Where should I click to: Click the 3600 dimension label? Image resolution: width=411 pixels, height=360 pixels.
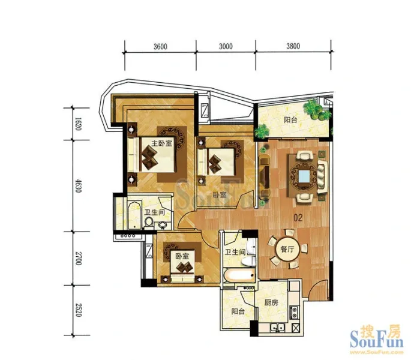pos(160,47)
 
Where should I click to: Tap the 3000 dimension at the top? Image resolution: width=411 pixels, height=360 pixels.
pos(226,46)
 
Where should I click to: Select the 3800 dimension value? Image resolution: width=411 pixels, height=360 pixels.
pos(293,46)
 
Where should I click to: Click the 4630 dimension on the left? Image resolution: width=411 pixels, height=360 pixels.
pos(78,185)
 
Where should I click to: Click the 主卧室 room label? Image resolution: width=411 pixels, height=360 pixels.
pos(162,143)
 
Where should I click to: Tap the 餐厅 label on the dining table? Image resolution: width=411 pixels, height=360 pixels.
pos(287,249)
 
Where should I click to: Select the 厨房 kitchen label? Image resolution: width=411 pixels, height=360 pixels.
pos(271,303)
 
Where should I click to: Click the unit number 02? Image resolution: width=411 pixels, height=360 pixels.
pos(298,218)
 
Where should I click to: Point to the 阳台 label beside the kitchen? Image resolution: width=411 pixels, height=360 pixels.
pos(238,311)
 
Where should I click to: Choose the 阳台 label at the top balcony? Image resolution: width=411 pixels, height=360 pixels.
pos(290,120)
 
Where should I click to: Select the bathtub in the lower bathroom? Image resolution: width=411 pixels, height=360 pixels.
pos(239,275)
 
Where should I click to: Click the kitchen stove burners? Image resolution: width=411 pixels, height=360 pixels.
pos(295,312)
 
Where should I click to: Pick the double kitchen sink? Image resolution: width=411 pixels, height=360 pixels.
pos(278,328)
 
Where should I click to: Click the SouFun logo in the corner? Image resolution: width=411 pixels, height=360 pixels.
pos(377,340)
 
